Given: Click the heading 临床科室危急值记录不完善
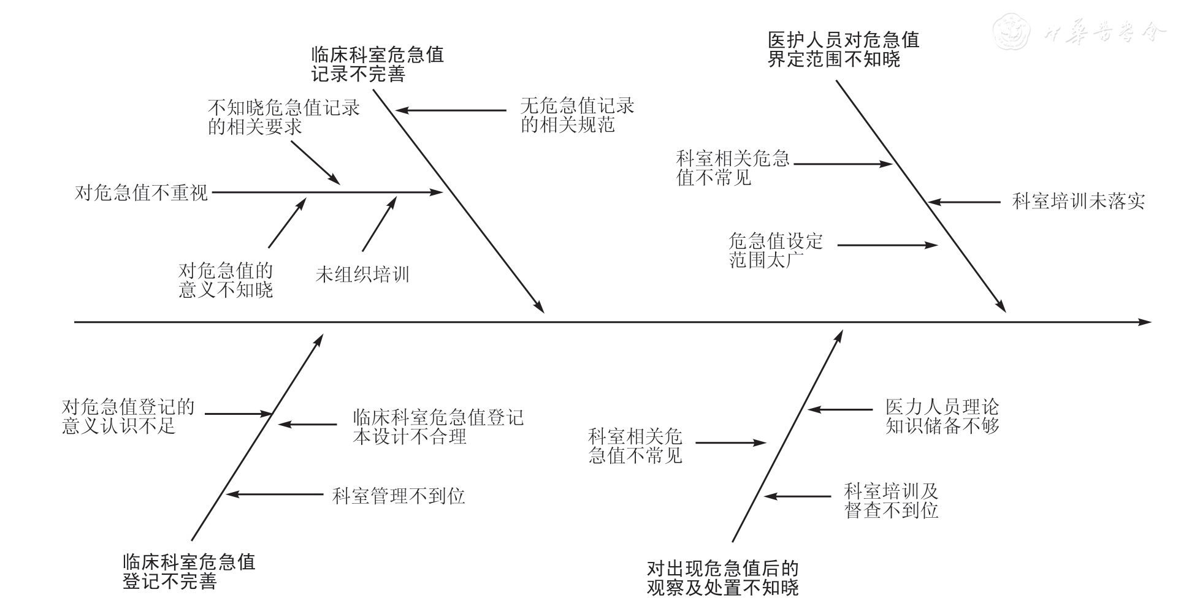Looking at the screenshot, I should (x=377, y=64).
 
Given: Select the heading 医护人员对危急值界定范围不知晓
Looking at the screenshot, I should (x=843, y=50).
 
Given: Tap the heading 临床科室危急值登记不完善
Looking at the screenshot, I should (x=189, y=571).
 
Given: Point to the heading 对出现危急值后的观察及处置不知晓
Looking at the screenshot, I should (x=722, y=578).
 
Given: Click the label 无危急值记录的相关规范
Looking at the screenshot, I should (x=577, y=115).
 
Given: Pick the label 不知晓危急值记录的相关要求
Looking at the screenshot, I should (x=283, y=117).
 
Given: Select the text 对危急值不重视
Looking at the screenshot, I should (x=142, y=193).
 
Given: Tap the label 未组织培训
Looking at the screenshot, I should (x=362, y=274).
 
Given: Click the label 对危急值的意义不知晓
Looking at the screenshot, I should (x=226, y=280).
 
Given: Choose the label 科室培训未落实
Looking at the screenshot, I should (x=1078, y=202).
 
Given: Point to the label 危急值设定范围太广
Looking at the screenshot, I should (x=775, y=250).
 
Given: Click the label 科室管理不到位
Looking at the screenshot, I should (x=399, y=495).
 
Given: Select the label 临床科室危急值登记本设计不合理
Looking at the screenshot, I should (x=438, y=427).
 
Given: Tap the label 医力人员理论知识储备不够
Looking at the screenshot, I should (x=942, y=416).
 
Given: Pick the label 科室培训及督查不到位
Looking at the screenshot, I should (x=891, y=501).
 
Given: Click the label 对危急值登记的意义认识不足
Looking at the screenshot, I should (x=128, y=416).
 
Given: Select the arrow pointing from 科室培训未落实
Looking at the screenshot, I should (x=964, y=202).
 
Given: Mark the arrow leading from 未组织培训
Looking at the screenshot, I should (x=379, y=224).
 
